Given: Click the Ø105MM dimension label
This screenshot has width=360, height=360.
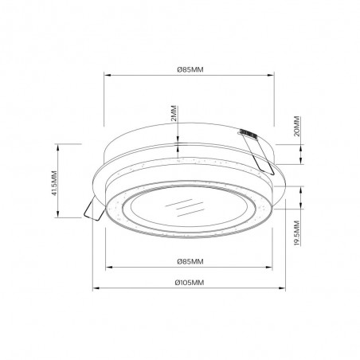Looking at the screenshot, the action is coord(190,283).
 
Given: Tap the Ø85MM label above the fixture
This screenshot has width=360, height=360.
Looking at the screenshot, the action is coord(190,69).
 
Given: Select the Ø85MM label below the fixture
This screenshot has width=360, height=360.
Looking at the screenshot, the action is coord(190,261).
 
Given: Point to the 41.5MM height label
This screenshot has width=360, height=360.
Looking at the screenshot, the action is coord(54,183).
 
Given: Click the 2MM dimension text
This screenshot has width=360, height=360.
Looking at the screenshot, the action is coord(174,113).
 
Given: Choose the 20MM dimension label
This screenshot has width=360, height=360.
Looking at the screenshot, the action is coord(297,126).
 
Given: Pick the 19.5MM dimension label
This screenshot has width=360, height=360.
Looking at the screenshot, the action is coord(297,233).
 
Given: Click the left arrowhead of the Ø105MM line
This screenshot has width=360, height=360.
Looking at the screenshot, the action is coord(96,288).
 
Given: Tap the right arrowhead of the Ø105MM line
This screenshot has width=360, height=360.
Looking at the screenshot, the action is coord(282,288).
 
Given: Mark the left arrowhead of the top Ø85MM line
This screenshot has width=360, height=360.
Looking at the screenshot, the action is coord(107,75).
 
